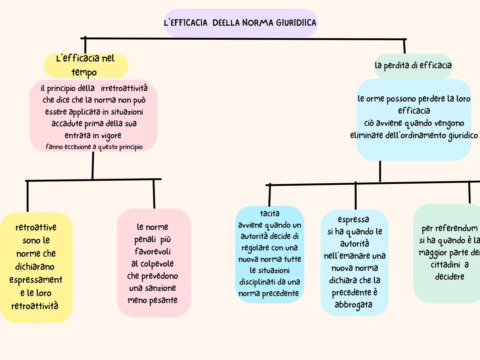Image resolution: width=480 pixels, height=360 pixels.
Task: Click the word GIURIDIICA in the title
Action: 296,23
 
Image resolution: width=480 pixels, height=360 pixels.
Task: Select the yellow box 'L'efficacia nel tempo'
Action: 86,65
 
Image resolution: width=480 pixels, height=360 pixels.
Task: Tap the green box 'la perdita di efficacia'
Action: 413,65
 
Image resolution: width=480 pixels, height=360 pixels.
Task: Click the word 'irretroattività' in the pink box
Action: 124,88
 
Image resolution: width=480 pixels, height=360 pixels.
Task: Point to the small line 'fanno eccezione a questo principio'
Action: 94,147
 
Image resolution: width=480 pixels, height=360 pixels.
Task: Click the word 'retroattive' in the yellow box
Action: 36,227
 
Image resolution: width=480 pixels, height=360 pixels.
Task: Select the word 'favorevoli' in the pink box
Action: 153,251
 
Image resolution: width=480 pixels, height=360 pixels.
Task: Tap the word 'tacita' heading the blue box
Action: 270,213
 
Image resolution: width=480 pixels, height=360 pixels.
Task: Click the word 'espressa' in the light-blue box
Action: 354,219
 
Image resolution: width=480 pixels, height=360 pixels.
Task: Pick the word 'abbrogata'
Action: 354,305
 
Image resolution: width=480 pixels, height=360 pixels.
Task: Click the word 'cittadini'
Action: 445,265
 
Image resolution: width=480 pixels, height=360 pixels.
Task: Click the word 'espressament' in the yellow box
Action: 36,280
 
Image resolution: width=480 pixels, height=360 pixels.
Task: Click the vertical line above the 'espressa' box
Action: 356,196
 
